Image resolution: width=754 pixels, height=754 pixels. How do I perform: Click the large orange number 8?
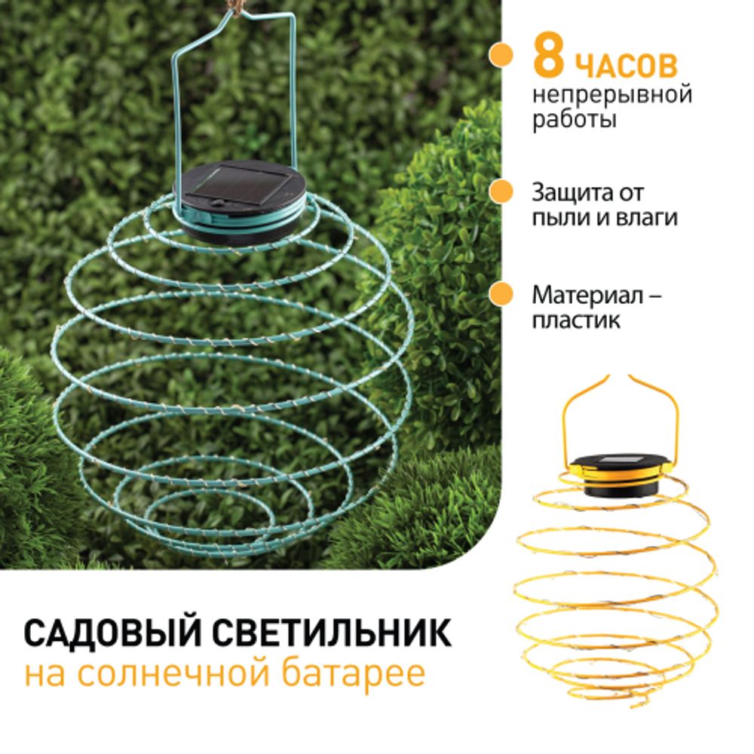(x=548, y=60)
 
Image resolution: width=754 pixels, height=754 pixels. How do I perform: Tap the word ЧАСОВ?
(x=626, y=66)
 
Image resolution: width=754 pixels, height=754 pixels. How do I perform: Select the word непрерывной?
(x=611, y=96)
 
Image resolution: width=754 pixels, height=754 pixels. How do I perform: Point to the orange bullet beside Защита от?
(x=497, y=192)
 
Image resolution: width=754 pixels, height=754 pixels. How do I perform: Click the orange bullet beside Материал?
(x=497, y=294)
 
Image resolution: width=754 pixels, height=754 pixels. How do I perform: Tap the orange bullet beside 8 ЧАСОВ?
(x=497, y=55)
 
